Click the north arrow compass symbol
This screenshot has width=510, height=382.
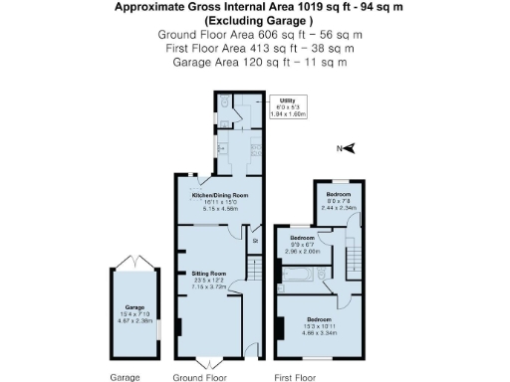[x=351, y=149]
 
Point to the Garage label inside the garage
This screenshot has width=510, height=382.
[x=134, y=313]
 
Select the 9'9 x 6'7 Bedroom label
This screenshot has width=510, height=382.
[x=302, y=245]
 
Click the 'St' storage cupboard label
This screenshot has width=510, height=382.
[x=255, y=239]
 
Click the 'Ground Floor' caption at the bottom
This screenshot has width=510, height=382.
[x=199, y=377]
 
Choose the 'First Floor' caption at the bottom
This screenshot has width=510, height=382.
[x=295, y=377]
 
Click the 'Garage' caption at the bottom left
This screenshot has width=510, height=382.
[x=125, y=377]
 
